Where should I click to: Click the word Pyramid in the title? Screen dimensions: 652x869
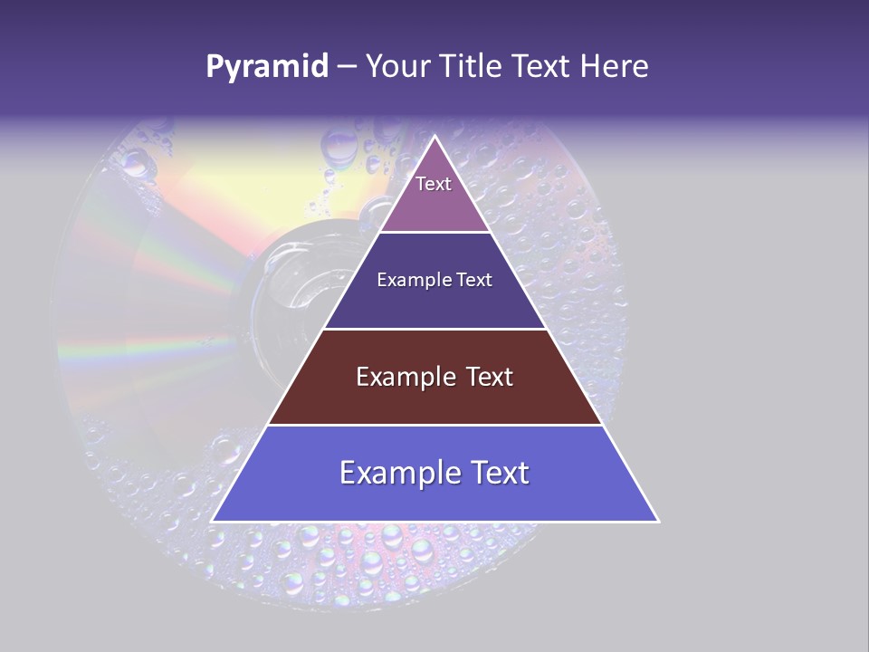[x=267, y=67]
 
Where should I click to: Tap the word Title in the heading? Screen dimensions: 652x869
[x=473, y=67]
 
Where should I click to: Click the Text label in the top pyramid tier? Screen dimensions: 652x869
[x=434, y=184]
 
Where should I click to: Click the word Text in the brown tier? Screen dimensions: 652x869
[x=490, y=377]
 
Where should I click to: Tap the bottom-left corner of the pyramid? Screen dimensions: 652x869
[x=213, y=521]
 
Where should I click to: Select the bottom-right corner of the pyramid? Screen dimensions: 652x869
[x=658, y=521]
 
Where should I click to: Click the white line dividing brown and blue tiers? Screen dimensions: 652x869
[x=435, y=425]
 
